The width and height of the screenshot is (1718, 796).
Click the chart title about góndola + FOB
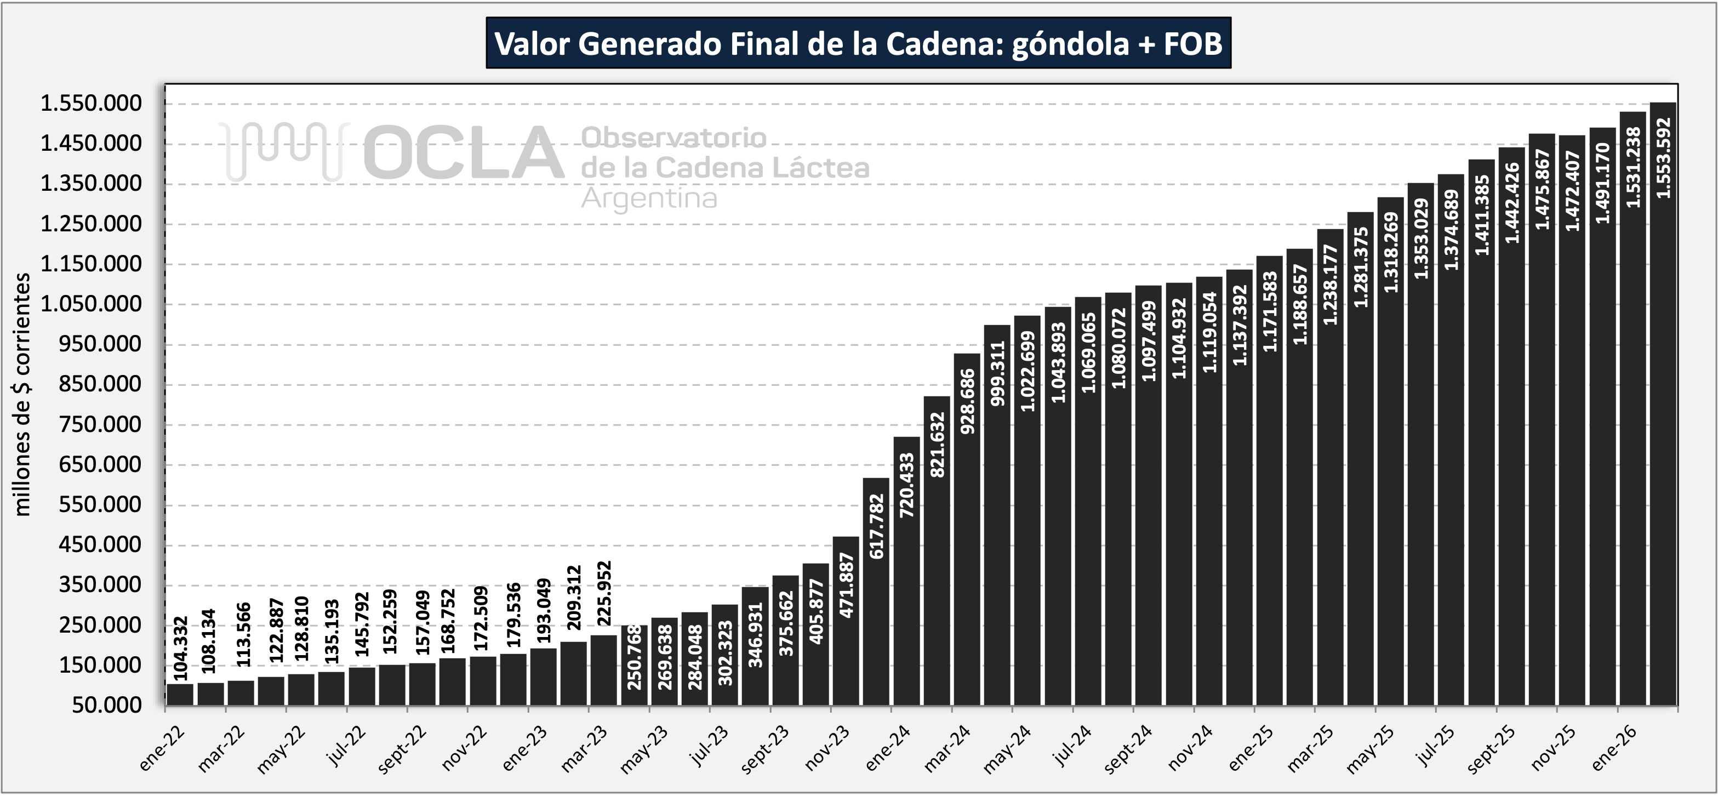[x=858, y=44]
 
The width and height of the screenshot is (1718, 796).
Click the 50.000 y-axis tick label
[x=107, y=705]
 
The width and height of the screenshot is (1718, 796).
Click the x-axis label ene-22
[x=162, y=749]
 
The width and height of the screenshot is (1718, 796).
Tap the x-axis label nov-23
[x=827, y=749]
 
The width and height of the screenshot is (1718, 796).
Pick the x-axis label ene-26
[x=1613, y=749]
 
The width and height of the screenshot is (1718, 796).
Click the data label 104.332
[x=180, y=649]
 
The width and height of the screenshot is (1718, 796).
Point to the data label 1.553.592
[x=1663, y=158]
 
